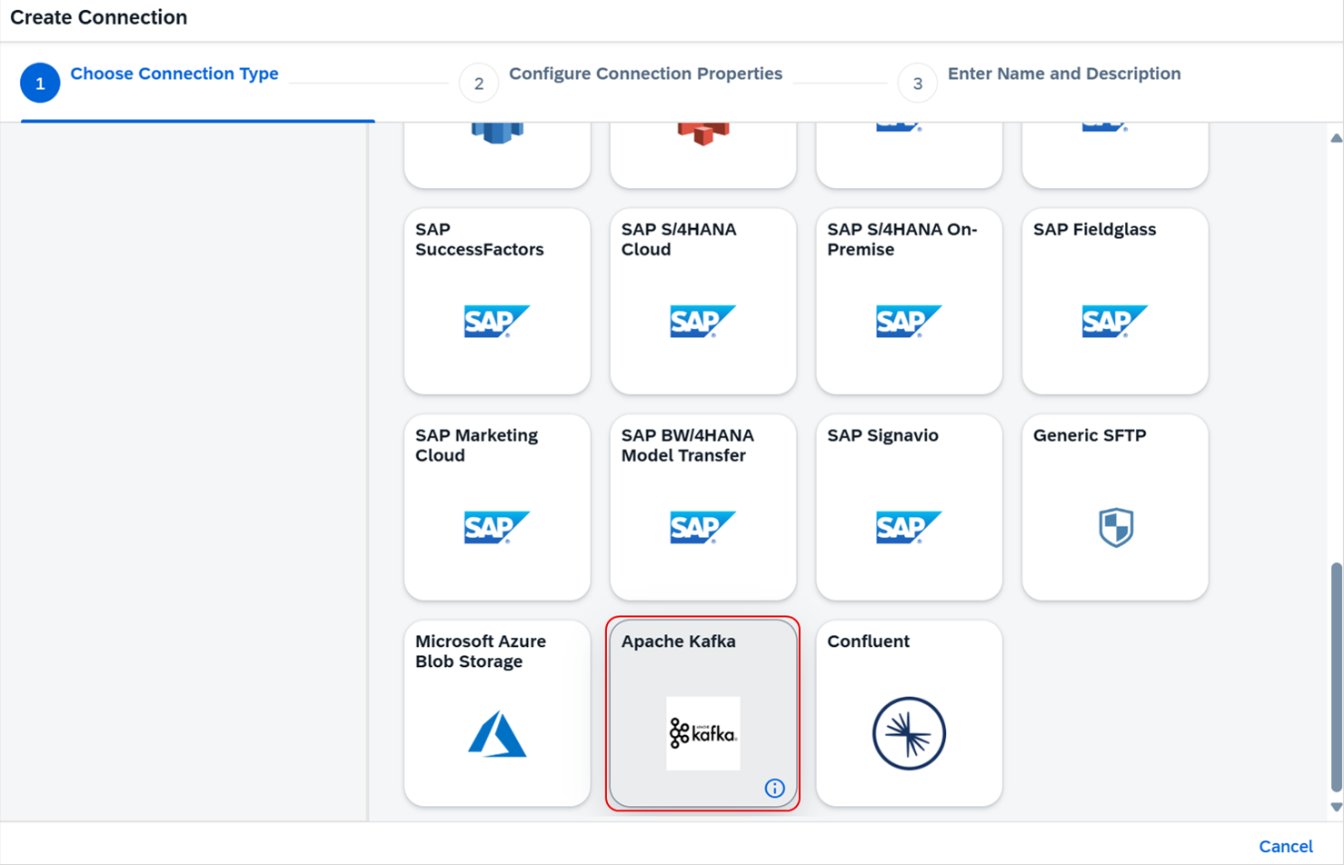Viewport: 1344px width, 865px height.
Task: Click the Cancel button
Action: tap(1285, 846)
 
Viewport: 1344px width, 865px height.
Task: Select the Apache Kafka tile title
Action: tap(678, 641)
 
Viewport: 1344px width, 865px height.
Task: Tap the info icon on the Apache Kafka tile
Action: tap(774, 789)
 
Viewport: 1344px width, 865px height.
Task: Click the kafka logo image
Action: tap(702, 733)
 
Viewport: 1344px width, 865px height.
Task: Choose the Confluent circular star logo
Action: tap(909, 733)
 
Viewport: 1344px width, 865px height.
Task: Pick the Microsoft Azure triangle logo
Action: tap(497, 734)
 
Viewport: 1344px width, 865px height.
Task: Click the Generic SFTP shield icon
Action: tap(1115, 527)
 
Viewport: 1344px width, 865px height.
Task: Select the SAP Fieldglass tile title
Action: tap(1094, 230)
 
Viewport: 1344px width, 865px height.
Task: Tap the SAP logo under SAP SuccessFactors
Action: tap(496, 322)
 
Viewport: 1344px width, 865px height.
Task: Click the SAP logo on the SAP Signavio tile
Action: tap(909, 527)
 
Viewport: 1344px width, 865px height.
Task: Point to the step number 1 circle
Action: tap(40, 84)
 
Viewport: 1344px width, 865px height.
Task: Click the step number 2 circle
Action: tap(479, 84)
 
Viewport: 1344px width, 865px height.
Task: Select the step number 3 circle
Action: tap(917, 84)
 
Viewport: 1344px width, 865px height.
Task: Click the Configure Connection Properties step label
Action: tap(645, 74)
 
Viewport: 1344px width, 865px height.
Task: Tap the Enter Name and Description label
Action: tap(1063, 74)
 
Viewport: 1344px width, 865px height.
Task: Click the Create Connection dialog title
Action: tap(99, 17)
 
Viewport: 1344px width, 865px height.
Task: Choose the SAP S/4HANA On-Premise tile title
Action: tap(901, 240)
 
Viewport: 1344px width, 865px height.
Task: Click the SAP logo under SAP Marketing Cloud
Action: tap(496, 527)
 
